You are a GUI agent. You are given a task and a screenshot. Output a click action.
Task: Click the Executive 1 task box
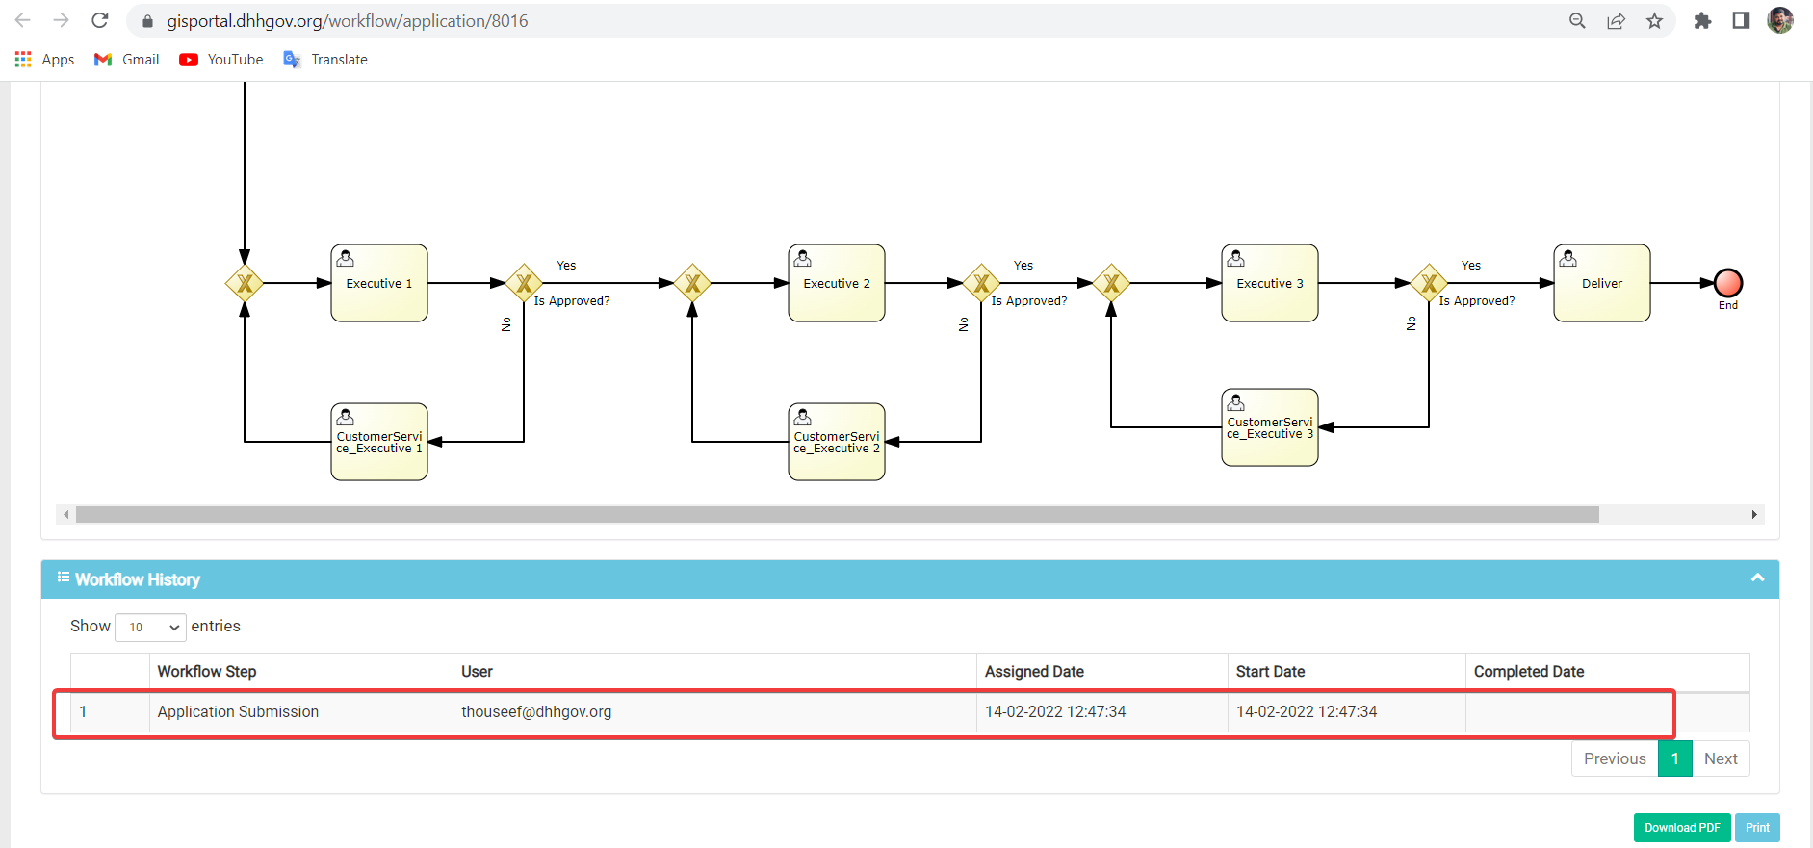click(379, 283)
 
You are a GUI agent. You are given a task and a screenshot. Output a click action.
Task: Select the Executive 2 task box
click(837, 283)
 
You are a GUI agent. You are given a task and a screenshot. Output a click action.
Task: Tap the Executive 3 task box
click(1270, 283)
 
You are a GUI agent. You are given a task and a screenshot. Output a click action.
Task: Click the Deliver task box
click(1602, 283)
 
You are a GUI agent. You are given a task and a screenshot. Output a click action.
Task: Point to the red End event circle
click(1728, 283)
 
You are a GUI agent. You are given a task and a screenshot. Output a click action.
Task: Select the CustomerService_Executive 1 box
click(379, 442)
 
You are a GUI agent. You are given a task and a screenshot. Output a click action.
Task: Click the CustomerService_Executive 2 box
click(837, 442)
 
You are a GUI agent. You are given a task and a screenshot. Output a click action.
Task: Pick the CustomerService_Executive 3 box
click(1270, 427)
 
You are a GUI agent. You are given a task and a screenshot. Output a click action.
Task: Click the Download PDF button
click(1682, 828)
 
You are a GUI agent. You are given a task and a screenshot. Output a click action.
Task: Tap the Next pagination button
click(1721, 758)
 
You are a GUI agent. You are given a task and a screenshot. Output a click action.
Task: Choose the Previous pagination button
click(1615, 758)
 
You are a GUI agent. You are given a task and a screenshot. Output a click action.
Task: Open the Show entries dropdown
click(150, 627)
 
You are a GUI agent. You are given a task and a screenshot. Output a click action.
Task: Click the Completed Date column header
click(1529, 672)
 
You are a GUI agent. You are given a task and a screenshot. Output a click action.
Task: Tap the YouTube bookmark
click(221, 60)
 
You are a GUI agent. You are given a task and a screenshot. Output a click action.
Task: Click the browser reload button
click(100, 20)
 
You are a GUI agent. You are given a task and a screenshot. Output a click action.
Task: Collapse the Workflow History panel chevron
click(1757, 578)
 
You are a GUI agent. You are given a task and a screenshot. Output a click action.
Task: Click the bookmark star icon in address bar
click(1654, 20)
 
